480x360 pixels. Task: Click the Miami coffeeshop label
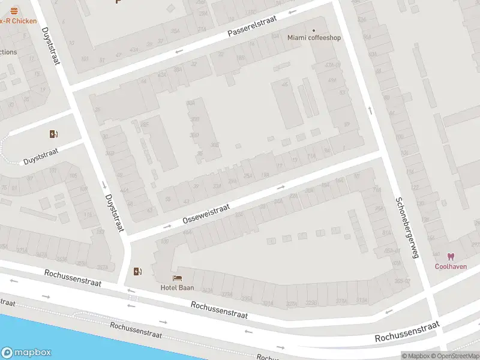314,38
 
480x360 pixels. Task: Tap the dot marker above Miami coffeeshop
313,29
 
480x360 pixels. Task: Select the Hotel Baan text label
177,287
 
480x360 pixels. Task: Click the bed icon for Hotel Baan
177,278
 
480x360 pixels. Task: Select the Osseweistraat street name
206,214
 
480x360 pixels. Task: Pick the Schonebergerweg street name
406,227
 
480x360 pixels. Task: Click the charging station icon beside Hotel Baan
139,271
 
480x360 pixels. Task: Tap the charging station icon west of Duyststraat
53,134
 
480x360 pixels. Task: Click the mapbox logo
26,352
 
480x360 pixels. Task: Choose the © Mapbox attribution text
415,356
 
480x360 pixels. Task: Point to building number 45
285,85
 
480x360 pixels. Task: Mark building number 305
214,145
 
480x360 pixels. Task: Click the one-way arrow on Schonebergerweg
369,110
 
